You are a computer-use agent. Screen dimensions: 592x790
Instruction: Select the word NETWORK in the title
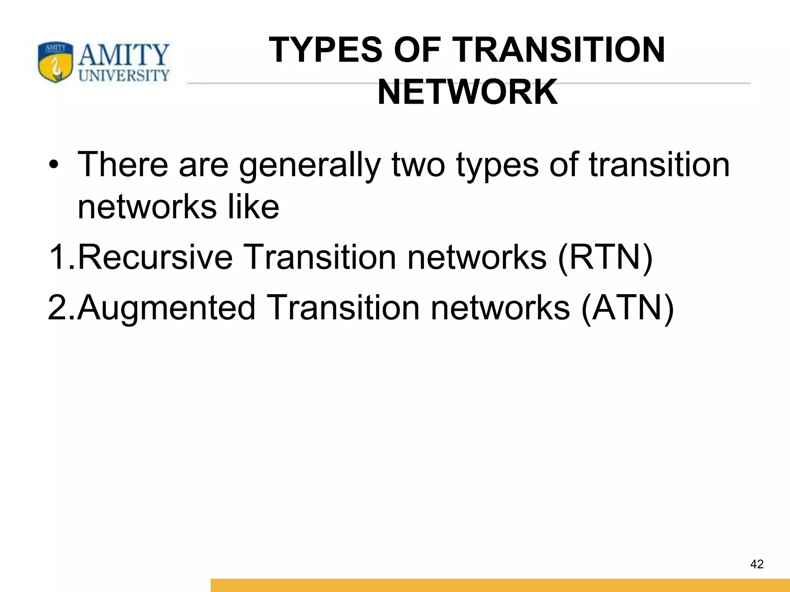pyautogui.click(x=468, y=92)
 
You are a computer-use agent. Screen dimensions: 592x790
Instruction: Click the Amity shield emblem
pyautogui.click(x=55, y=62)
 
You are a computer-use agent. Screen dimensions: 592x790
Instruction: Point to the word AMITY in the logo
pyautogui.click(x=124, y=55)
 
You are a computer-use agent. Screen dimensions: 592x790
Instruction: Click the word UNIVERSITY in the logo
pyautogui.click(x=124, y=76)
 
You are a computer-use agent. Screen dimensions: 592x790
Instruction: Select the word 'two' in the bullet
pyautogui.click(x=418, y=165)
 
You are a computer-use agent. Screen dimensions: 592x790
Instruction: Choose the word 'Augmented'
pyautogui.click(x=166, y=308)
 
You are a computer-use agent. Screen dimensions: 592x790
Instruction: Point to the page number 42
pyautogui.click(x=757, y=564)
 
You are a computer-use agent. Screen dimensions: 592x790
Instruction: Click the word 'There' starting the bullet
pyautogui.click(x=123, y=165)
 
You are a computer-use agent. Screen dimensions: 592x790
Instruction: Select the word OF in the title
pyautogui.click(x=417, y=50)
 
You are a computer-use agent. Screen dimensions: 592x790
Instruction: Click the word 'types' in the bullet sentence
pyautogui.click(x=497, y=165)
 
